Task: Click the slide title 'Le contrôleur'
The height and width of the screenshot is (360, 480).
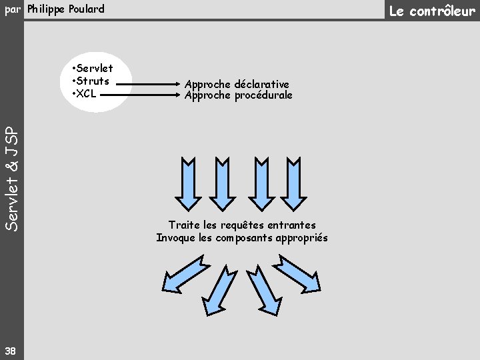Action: [433, 11]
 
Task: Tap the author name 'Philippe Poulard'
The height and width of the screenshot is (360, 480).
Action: [66, 9]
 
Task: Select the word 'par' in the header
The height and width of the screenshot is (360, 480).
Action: [13, 9]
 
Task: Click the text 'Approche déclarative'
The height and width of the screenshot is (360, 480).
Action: [237, 84]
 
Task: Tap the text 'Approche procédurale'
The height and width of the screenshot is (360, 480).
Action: [239, 95]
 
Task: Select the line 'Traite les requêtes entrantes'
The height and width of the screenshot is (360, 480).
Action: [242, 225]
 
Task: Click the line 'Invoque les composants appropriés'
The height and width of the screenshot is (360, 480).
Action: [242, 238]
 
